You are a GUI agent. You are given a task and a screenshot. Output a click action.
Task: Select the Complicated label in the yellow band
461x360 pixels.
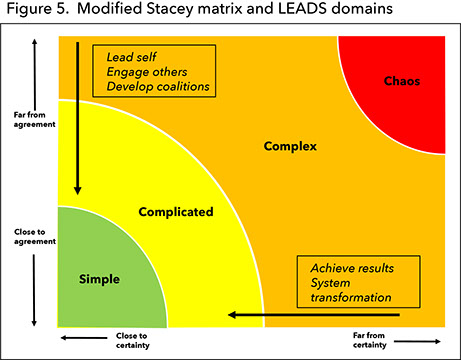pos(177,212)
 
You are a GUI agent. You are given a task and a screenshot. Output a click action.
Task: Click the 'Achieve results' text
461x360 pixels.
pos(352,268)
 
